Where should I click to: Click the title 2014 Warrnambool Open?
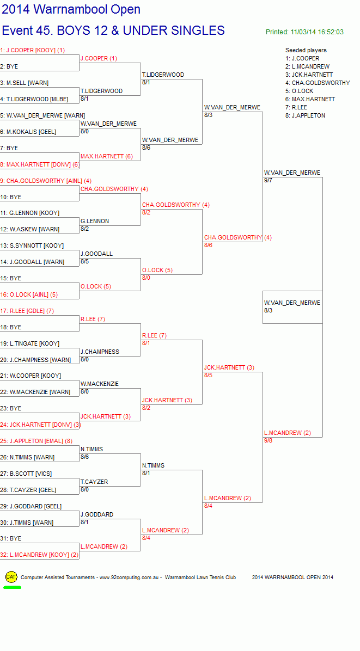click(71, 9)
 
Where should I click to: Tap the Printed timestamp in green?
click(304, 32)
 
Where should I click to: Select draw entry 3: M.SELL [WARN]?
click(24, 83)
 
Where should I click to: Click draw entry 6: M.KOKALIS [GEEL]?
click(28, 132)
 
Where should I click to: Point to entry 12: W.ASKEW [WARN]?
click(29, 229)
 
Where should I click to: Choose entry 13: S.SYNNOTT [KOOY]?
click(32, 246)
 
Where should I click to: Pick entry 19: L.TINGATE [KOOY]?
click(29, 344)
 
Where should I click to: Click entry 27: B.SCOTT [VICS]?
click(26, 474)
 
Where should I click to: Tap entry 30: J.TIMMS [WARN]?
click(27, 523)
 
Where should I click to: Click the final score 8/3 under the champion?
click(269, 310)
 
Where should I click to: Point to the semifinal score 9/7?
click(269, 180)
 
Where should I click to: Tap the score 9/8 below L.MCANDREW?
click(269, 440)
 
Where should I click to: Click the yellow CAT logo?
click(11, 576)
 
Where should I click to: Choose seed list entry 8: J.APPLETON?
click(305, 115)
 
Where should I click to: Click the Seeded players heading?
click(306, 50)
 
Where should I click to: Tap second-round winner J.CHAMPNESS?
click(100, 352)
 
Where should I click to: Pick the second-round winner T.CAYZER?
click(94, 482)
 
